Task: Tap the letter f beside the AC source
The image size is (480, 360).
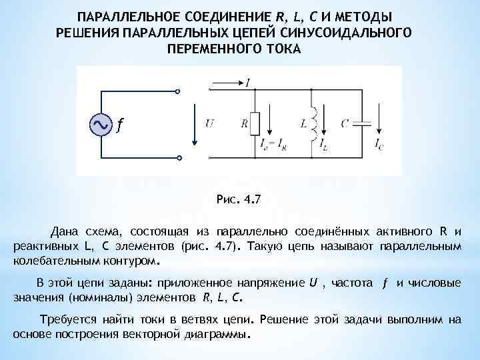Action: pos(119,125)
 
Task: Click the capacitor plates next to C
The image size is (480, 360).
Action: pos(363,123)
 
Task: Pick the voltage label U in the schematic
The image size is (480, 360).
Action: pos(209,123)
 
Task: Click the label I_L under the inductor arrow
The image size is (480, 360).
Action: pos(323,143)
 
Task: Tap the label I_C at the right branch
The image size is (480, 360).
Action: pos(379,143)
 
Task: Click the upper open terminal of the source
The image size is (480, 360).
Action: pos(178,91)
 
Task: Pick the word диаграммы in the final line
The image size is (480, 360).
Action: pos(219,333)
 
